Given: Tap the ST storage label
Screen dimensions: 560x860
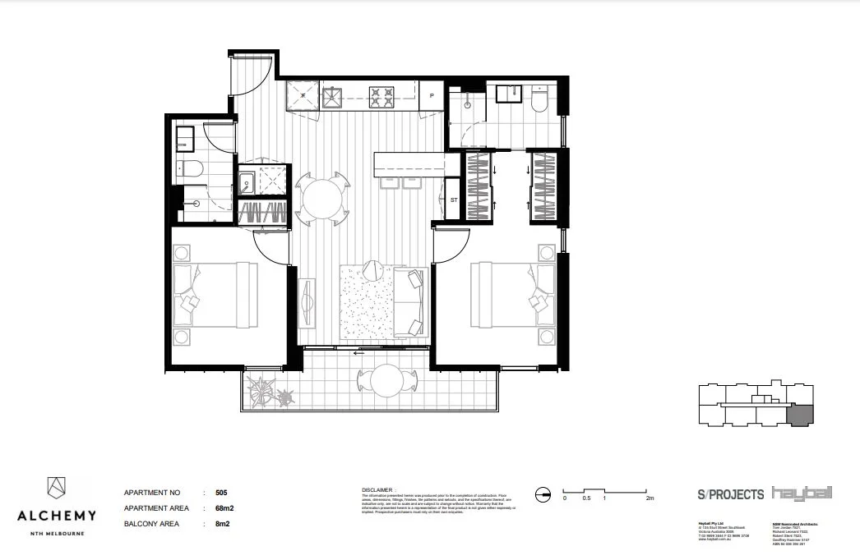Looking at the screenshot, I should pyautogui.click(x=453, y=200).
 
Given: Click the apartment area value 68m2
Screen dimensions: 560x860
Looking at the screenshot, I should pyautogui.click(x=218, y=508).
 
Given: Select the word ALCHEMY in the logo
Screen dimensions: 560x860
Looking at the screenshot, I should pyautogui.click(x=57, y=516).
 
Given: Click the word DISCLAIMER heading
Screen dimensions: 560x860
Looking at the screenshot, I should pyautogui.click(x=378, y=489).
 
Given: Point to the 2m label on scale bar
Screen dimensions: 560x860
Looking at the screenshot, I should pyautogui.click(x=650, y=498).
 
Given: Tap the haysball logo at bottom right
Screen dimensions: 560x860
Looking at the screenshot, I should pyautogui.click(x=802, y=493).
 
